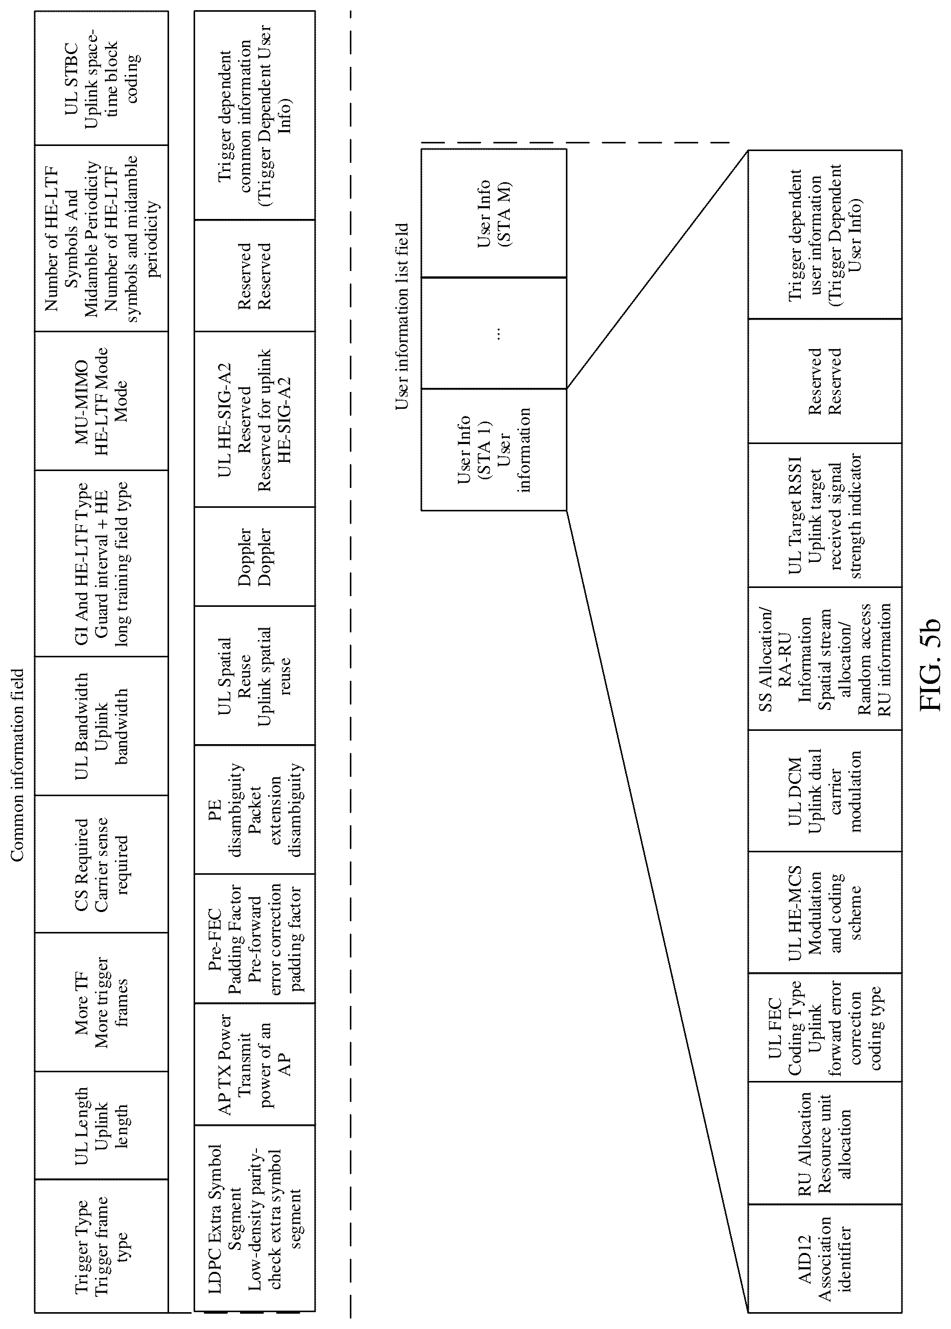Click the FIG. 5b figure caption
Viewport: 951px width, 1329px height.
[930, 664]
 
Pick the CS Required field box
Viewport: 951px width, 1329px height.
[101, 864]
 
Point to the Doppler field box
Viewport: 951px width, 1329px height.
[255, 556]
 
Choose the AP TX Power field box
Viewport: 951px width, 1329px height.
[255, 1065]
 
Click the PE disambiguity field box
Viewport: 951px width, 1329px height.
[255, 809]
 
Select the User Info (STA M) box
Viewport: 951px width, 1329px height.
[494, 213]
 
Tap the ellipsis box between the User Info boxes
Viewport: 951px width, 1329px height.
[494, 333]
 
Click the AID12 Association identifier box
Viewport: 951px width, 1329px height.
[824, 1258]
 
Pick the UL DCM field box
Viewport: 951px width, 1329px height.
[824, 791]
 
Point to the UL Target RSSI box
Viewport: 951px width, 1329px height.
[824, 515]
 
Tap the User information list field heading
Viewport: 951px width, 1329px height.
[402, 316]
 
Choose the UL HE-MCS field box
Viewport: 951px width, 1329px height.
[824, 913]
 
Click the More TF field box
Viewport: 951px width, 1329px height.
[101, 1002]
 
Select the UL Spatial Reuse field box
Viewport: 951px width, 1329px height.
[255, 675]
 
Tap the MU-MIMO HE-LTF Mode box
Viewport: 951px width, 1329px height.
[101, 401]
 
